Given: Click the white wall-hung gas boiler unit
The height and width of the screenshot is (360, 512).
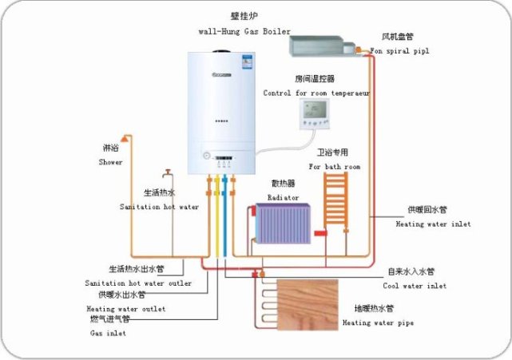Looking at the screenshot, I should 224,112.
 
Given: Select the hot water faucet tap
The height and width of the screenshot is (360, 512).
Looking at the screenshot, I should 168,173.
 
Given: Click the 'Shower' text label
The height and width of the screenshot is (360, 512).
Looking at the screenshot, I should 111,162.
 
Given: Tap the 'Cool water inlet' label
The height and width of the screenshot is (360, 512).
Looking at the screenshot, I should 414,286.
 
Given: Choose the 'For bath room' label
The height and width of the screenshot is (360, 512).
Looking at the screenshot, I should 335,167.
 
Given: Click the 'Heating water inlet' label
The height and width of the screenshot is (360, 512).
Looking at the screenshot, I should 433,224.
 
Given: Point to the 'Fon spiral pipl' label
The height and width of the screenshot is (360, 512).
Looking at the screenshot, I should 399,50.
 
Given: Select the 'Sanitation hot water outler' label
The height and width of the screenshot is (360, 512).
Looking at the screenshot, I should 138,283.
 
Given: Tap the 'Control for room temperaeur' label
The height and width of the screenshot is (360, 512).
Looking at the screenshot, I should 316,93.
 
